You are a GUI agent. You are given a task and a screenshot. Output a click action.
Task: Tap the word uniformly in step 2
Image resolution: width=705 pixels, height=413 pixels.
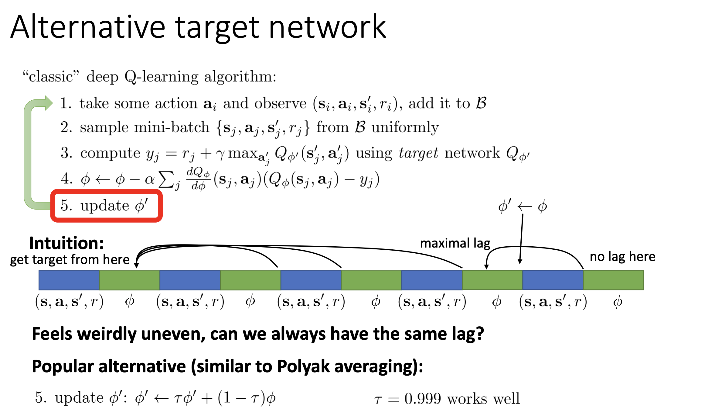pos(405,127)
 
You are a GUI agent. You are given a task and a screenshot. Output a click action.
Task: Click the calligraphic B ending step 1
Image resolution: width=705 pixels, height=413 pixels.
pos(481,103)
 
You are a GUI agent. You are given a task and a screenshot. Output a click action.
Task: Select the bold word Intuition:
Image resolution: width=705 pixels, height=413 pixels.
pos(66,243)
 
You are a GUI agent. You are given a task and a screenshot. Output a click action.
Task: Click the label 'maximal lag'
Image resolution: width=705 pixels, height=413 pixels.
pos(455,243)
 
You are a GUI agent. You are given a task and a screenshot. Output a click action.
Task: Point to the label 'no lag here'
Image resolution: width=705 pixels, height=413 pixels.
pos(622,257)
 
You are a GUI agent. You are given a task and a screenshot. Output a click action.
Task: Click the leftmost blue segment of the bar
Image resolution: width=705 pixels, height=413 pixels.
pos(69,280)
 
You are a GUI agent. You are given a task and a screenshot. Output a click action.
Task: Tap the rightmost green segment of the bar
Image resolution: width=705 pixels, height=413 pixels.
pos(614,280)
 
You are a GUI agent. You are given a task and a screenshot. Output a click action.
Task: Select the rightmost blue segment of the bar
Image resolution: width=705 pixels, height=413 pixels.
pos(553,280)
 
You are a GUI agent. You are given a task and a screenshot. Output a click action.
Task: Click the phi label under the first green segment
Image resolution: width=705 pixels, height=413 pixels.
pos(130,302)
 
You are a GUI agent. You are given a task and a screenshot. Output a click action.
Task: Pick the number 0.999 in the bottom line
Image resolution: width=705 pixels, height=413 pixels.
pos(423,398)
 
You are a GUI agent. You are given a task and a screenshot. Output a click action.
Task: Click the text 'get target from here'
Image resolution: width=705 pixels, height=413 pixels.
pos(70,260)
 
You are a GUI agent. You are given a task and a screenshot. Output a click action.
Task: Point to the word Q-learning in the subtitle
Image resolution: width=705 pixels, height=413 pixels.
pos(161,77)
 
